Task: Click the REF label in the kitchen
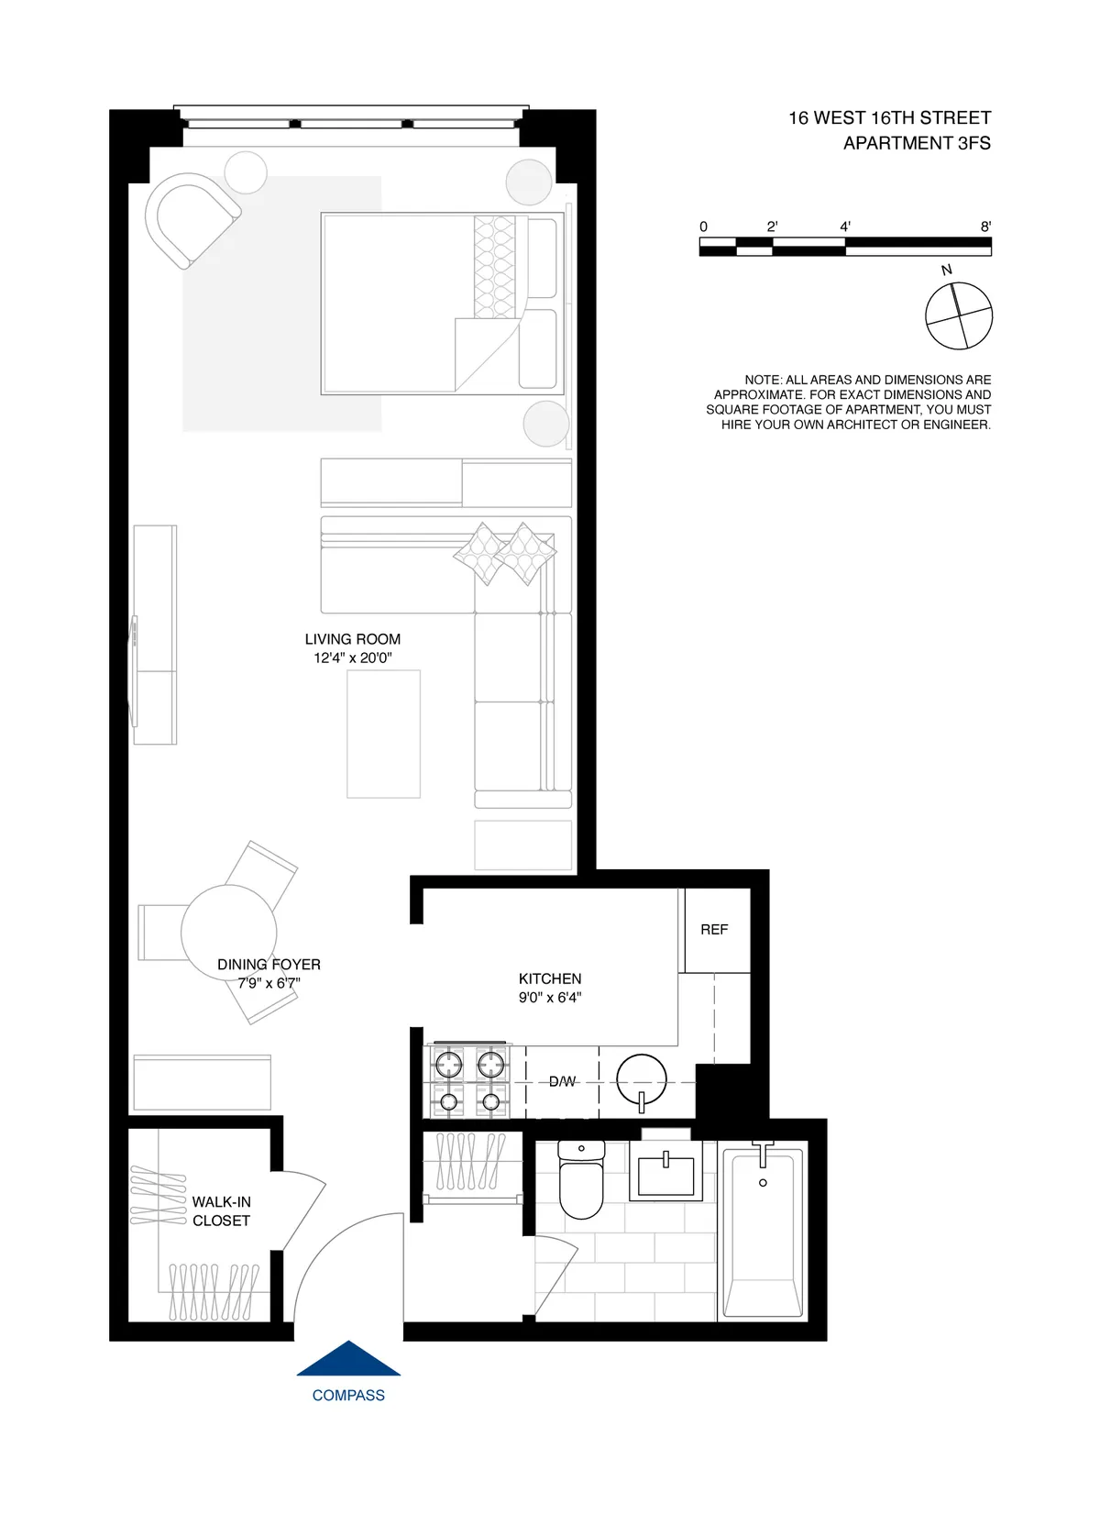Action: (x=714, y=930)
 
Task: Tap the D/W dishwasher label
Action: (x=562, y=1082)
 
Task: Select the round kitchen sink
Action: (x=642, y=1081)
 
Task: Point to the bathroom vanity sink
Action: (x=666, y=1175)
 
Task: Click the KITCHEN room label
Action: (x=550, y=979)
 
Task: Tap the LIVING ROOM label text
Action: (x=353, y=639)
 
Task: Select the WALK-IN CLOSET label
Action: (x=221, y=1211)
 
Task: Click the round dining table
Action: (x=228, y=931)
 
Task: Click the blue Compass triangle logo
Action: (x=348, y=1360)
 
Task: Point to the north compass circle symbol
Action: (x=959, y=316)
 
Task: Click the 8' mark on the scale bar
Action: (x=985, y=227)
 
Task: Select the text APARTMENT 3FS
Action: (x=917, y=143)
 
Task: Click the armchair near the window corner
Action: (x=191, y=220)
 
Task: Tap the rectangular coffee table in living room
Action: (x=383, y=734)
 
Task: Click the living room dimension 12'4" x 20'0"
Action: (x=353, y=658)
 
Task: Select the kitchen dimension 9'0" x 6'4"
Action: (x=550, y=998)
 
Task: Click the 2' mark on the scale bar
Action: (x=772, y=227)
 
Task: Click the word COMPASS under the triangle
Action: (x=348, y=1396)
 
